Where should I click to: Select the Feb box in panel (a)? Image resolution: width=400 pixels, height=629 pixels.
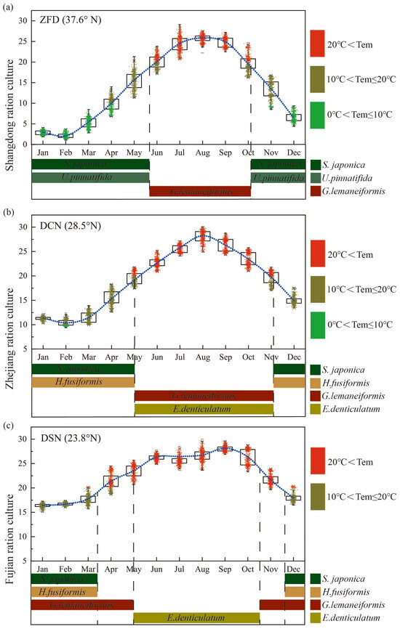click(65, 134)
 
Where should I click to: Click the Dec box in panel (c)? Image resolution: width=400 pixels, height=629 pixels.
click(293, 498)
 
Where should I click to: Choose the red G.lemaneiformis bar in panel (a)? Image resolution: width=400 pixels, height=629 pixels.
click(200, 192)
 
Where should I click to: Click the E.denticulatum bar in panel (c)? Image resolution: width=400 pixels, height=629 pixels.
click(196, 617)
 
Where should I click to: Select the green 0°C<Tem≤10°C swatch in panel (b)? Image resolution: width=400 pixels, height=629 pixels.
click(316, 325)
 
